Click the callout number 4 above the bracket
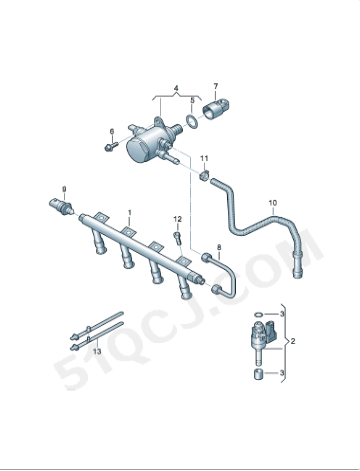click(176, 88)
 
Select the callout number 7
click(215, 86)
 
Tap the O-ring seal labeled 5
click(191, 121)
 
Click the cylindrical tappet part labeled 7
click(216, 109)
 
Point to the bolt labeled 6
click(111, 146)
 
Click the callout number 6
click(112, 131)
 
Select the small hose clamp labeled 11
click(204, 175)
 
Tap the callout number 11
click(204, 158)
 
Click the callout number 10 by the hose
click(273, 203)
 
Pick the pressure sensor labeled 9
click(61, 205)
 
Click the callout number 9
click(64, 189)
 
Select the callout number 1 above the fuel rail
click(130, 212)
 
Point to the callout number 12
click(178, 219)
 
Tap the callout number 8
click(219, 247)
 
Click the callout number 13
click(97, 351)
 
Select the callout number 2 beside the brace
click(293, 341)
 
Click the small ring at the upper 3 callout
click(258, 314)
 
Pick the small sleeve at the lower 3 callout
click(258, 374)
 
